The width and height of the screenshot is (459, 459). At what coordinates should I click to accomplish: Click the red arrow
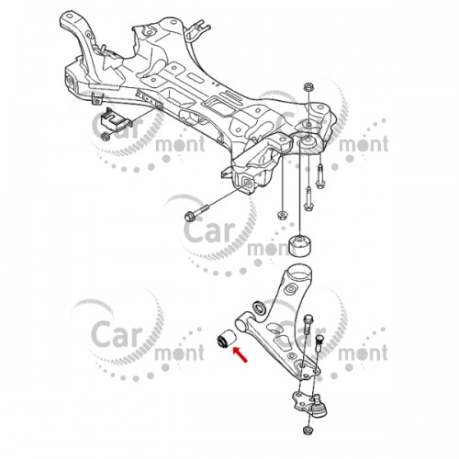241,354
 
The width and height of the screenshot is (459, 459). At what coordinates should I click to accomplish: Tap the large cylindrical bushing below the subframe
300,245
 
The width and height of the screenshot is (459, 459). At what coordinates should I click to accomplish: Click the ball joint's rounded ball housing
319,406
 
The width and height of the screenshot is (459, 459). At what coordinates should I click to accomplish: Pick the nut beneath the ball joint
308,431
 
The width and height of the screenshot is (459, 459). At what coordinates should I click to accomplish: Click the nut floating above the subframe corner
308,87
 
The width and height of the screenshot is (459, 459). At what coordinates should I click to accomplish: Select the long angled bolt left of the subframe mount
196,212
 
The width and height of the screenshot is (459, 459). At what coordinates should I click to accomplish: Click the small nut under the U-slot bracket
106,136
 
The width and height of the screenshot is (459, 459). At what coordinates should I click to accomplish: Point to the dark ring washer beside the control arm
260,308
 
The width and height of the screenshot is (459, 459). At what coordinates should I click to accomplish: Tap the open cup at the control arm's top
298,273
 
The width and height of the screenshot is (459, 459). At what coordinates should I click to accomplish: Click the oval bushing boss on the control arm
292,289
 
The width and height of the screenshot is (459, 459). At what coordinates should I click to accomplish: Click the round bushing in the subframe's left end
70,81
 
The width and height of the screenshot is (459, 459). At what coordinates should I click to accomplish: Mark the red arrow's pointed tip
234,348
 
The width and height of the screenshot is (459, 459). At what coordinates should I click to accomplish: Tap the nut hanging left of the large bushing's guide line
282,215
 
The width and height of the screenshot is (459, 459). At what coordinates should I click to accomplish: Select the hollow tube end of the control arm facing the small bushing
241,324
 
